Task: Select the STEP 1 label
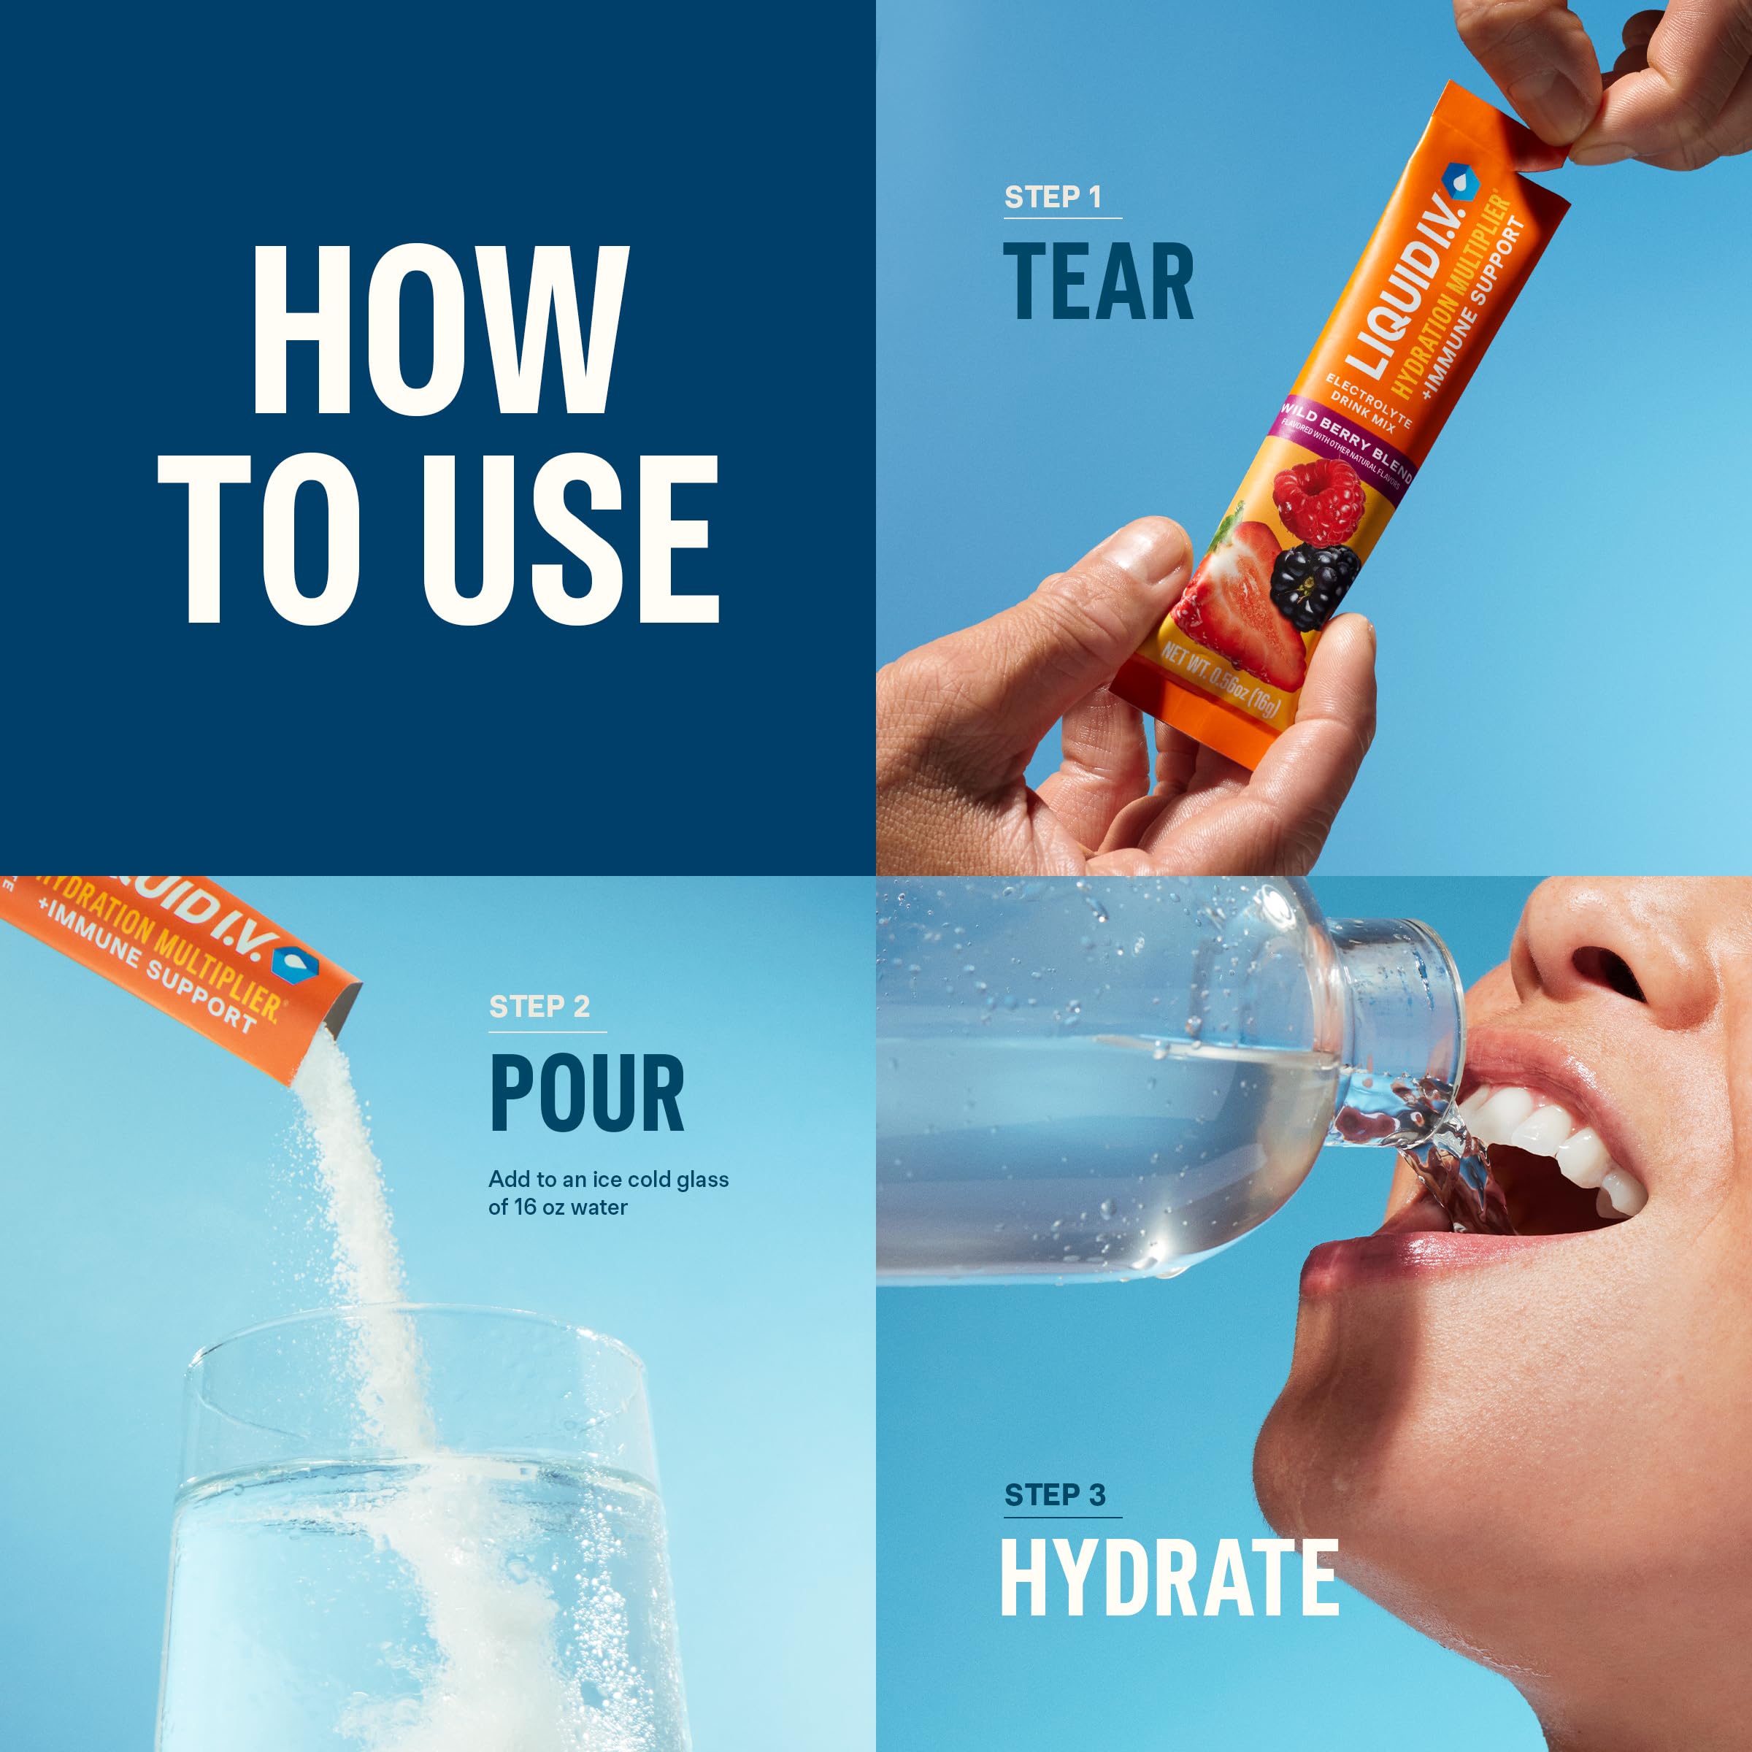[1052, 197]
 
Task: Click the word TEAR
[1098, 282]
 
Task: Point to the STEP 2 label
[539, 1007]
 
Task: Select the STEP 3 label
[1055, 1494]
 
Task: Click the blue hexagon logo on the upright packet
[1459, 180]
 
